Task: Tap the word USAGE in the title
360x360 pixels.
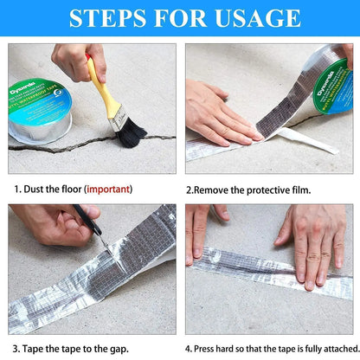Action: [258, 18]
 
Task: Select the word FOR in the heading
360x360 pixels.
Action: [182, 18]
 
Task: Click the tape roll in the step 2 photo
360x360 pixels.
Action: [329, 87]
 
